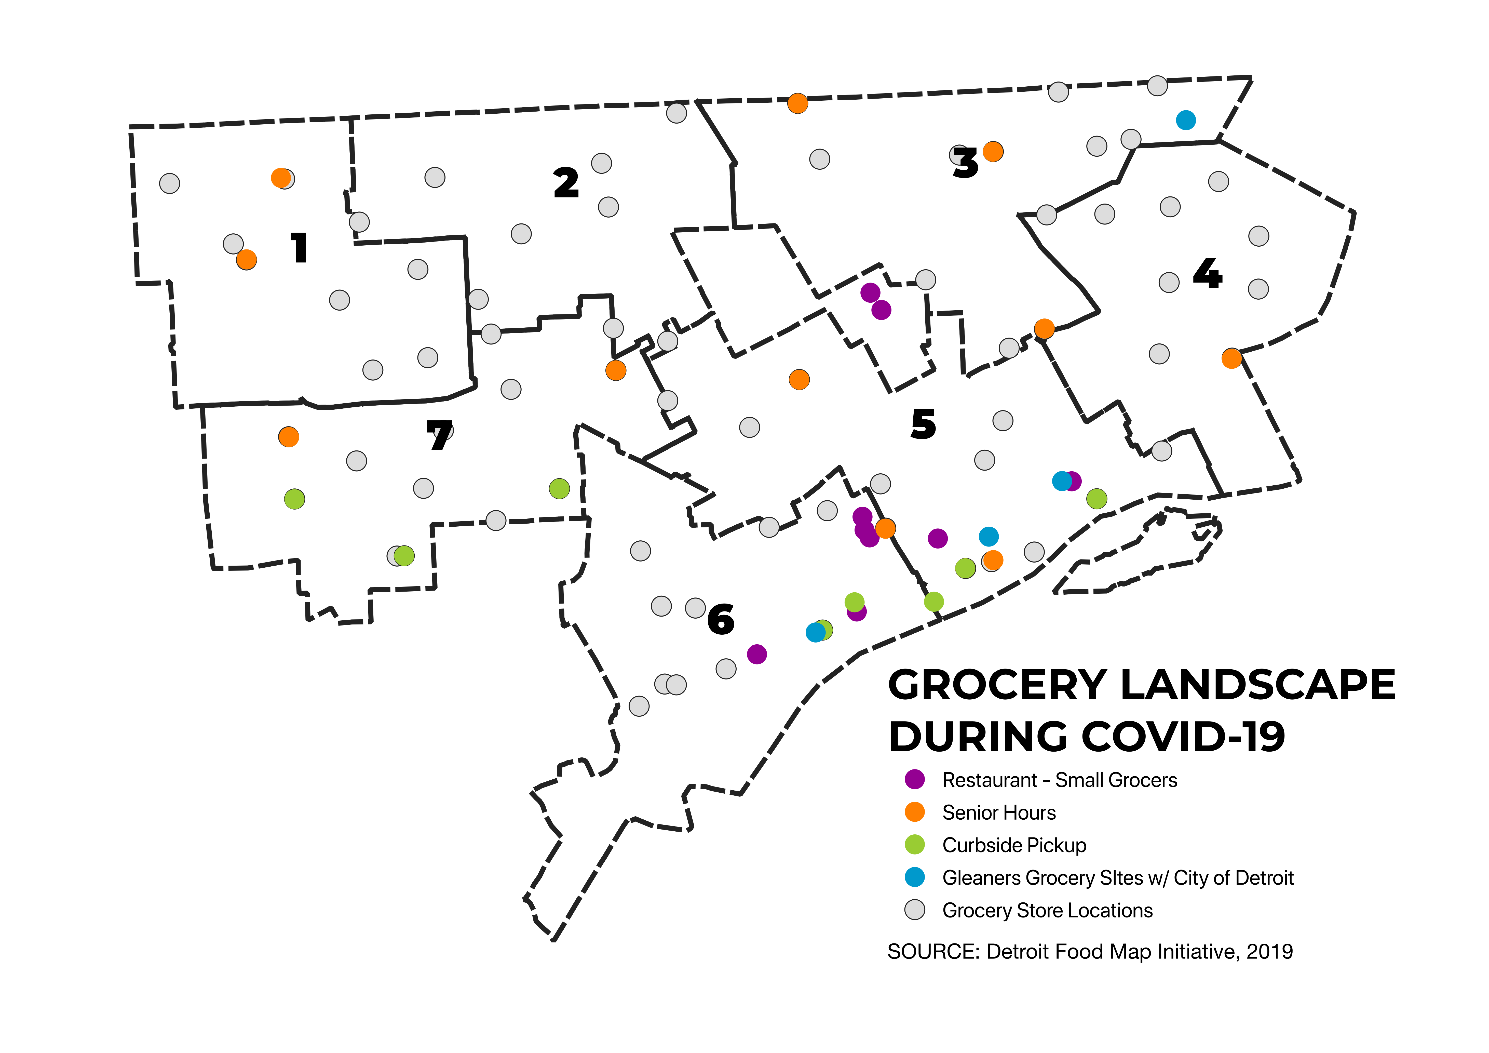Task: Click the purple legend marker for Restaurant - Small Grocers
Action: click(x=914, y=779)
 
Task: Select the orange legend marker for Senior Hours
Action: click(x=914, y=812)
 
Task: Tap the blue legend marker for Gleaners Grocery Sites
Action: click(x=914, y=877)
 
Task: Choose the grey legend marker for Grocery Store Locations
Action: click(x=914, y=910)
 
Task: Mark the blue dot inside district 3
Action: click(x=1185, y=120)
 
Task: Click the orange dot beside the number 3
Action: click(x=993, y=151)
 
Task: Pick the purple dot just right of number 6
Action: click(x=757, y=654)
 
